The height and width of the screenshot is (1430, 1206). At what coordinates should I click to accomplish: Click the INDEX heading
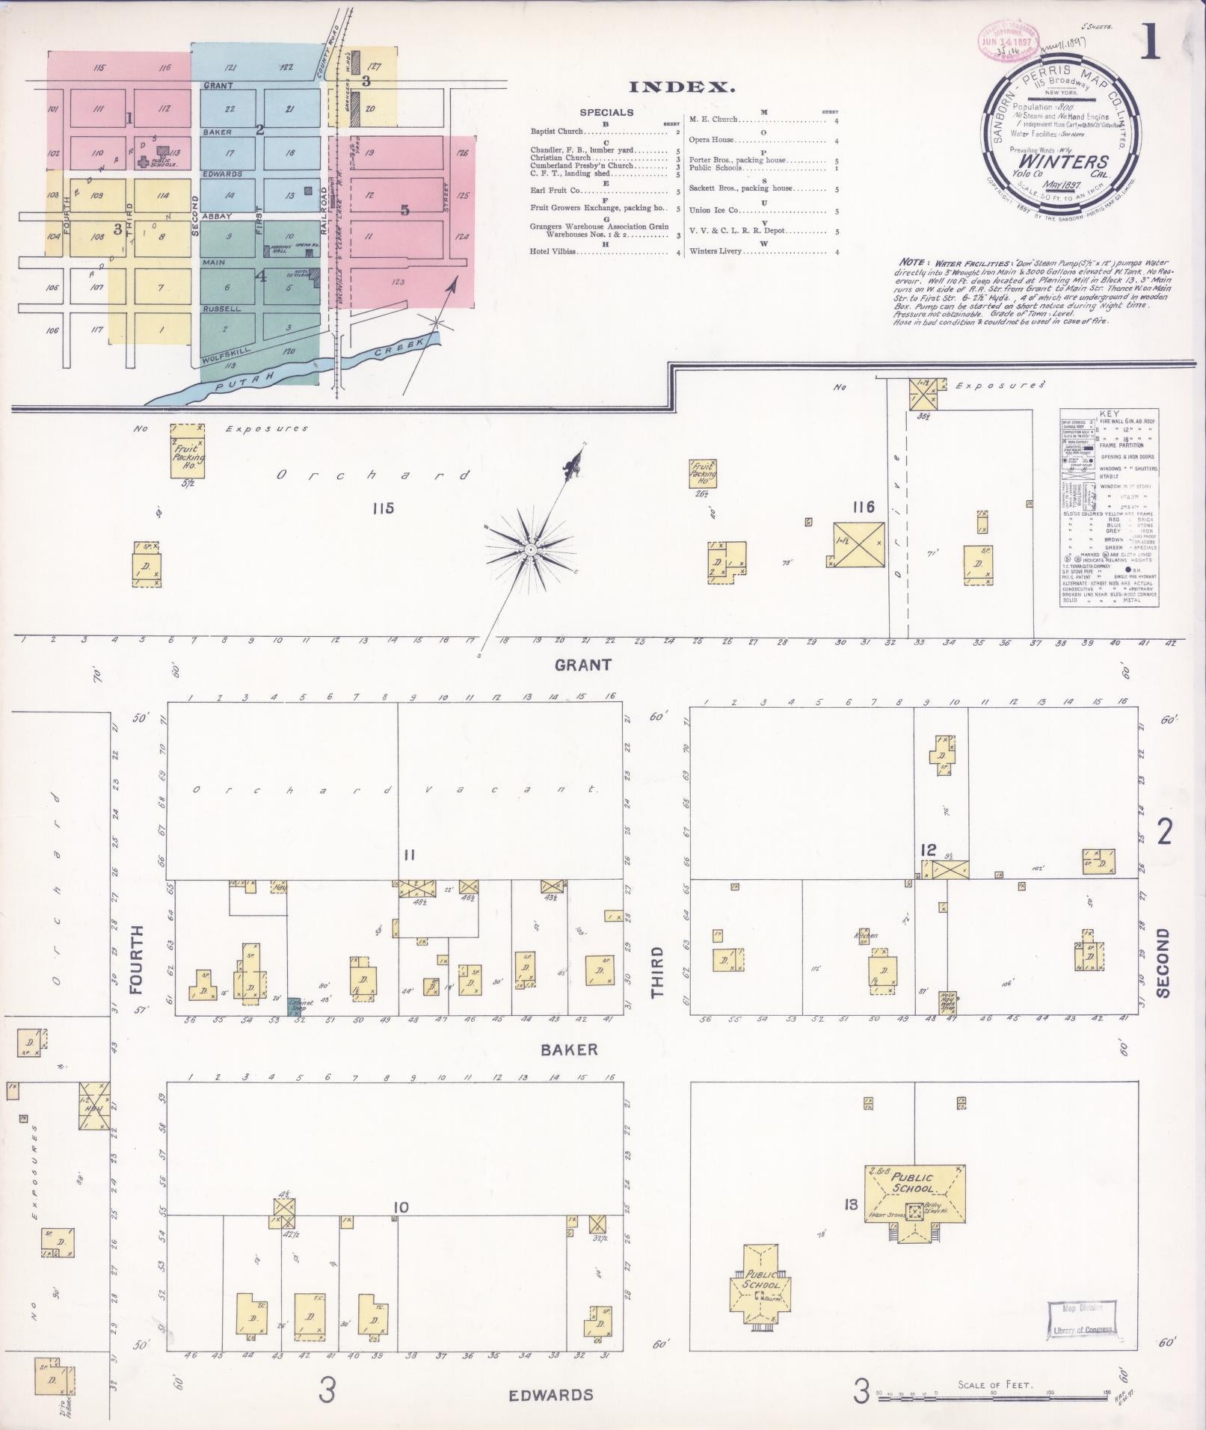tap(683, 87)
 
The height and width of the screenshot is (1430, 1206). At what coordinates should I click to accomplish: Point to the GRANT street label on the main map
tap(583, 665)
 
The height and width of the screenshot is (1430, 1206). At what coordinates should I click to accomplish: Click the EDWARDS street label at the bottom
tap(551, 1395)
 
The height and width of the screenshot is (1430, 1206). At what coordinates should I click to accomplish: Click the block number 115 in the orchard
tap(382, 509)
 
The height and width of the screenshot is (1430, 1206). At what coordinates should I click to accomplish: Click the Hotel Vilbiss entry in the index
tap(553, 252)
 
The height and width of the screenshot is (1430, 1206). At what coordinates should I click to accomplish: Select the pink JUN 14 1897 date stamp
tap(1007, 42)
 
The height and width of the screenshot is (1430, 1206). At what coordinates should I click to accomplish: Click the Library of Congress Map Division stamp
tap(1082, 1321)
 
